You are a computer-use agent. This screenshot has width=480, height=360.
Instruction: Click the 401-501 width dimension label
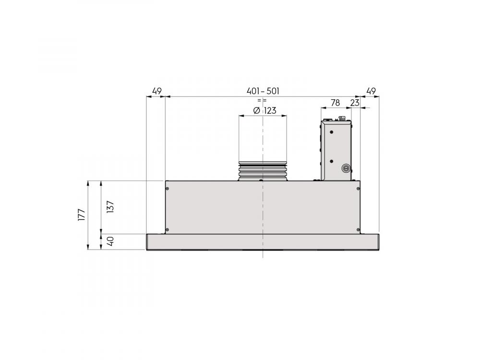tap(263, 91)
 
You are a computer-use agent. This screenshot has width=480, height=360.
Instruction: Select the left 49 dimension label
tap(156, 91)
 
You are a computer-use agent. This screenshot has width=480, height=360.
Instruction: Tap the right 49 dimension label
tap(371, 91)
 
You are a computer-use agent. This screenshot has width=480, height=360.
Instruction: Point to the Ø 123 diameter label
tap(265, 110)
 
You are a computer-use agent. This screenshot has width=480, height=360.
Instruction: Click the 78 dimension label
tap(335, 103)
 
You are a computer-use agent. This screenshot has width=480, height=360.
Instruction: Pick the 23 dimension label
tap(355, 103)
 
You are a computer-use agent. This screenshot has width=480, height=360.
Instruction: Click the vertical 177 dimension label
tap(82, 215)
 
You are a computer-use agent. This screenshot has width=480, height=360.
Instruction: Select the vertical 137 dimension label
tap(110, 206)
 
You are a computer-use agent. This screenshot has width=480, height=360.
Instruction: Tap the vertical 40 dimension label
tap(111, 241)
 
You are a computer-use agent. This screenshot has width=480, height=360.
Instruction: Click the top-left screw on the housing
tap(167, 189)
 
